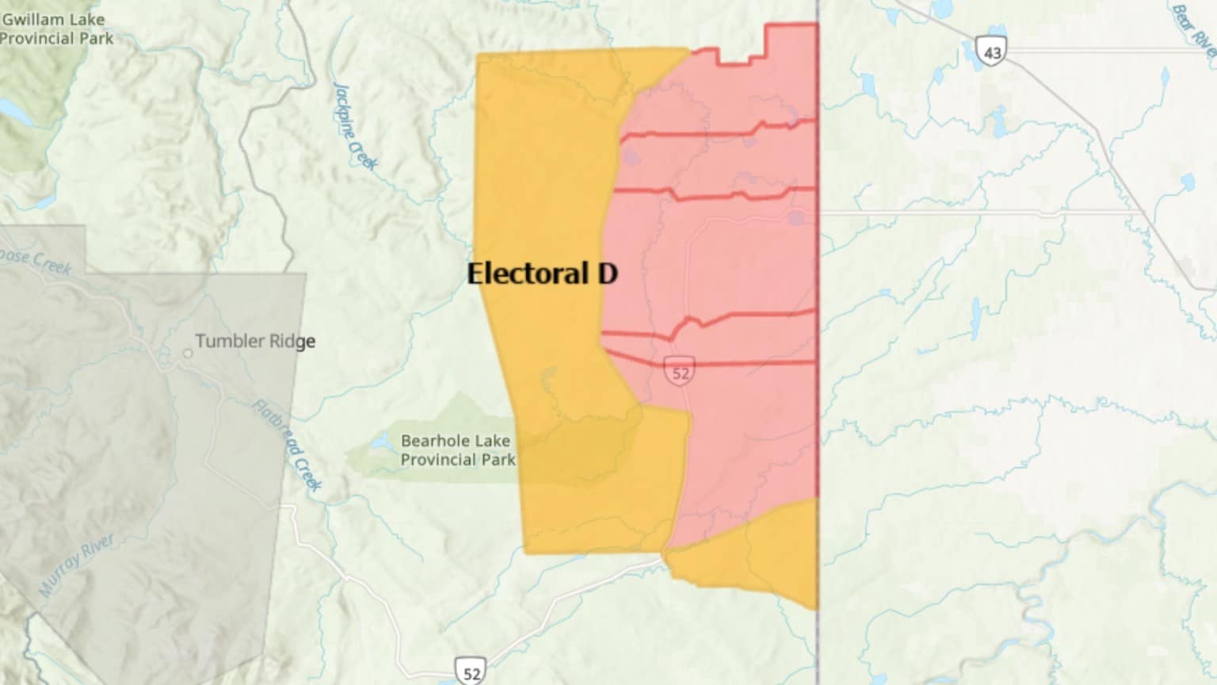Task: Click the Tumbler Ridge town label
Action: coord(254,341)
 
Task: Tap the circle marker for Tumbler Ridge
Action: coord(187,353)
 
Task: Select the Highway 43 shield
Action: coord(991,51)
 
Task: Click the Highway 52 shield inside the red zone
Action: coord(680,372)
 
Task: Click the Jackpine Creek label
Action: coord(354,126)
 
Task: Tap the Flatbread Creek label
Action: coord(288,446)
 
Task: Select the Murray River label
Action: coord(77,564)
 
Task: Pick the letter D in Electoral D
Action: coord(607,274)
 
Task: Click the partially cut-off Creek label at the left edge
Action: coord(36,259)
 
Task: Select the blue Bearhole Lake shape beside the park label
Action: coord(381,443)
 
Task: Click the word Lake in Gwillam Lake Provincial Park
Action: coord(86,19)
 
